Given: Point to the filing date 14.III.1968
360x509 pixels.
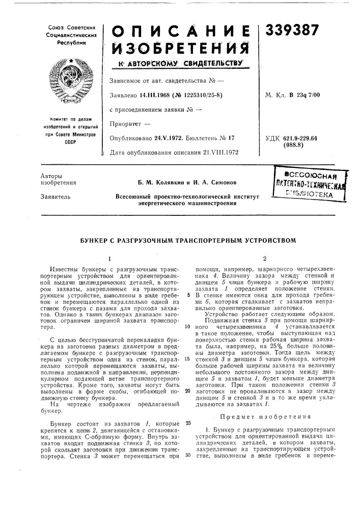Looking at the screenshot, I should [x=151, y=95].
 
